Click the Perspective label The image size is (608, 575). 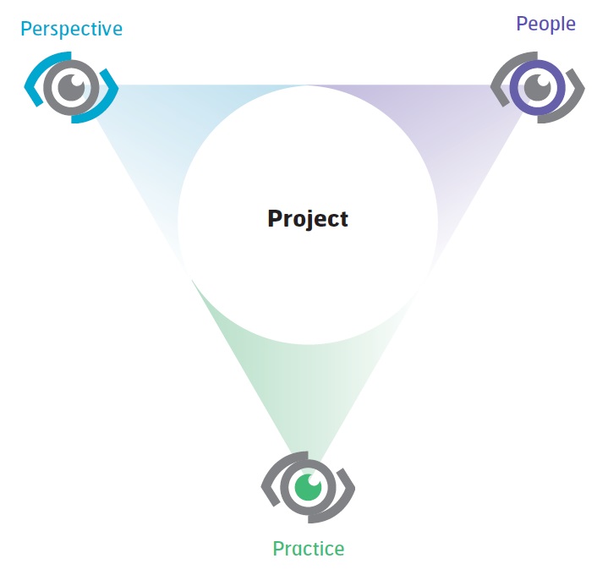tap(71, 29)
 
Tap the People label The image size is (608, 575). tap(545, 24)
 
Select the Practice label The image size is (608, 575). tap(308, 549)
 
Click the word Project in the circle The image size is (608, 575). tap(308, 218)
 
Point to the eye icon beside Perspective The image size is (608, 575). tap(71, 86)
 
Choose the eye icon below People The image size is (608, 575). tap(537, 86)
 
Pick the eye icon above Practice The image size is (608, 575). tap(308, 488)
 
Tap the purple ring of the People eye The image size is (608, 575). tap(516, 86)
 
